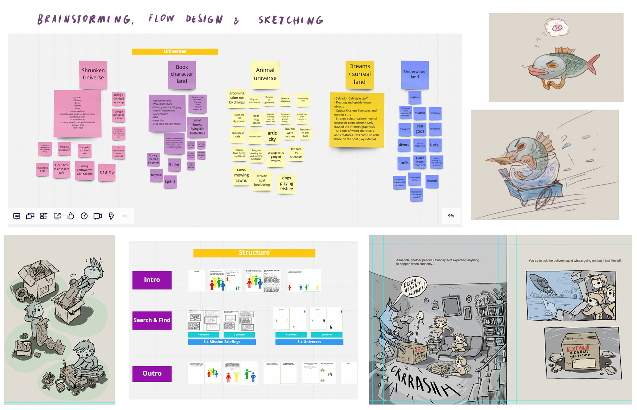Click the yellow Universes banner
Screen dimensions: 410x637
175,51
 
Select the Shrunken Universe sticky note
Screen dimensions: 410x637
93,74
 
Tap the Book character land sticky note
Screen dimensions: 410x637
182,74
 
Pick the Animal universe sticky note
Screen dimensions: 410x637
265,74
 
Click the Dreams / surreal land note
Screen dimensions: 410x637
360,74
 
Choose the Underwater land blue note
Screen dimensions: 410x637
415,74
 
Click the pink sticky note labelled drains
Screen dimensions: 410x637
106,172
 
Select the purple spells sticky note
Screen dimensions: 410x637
170,181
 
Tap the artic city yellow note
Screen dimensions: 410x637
272,136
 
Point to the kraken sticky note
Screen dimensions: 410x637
435,144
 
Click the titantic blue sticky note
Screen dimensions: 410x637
432,181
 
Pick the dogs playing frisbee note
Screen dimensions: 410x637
286,183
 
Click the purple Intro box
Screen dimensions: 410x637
152,280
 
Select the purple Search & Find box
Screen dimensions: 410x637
152,320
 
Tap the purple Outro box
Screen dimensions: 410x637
152,373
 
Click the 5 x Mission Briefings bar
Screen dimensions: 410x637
222,342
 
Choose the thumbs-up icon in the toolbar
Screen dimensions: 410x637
71,216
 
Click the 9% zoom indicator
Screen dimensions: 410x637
451,216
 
